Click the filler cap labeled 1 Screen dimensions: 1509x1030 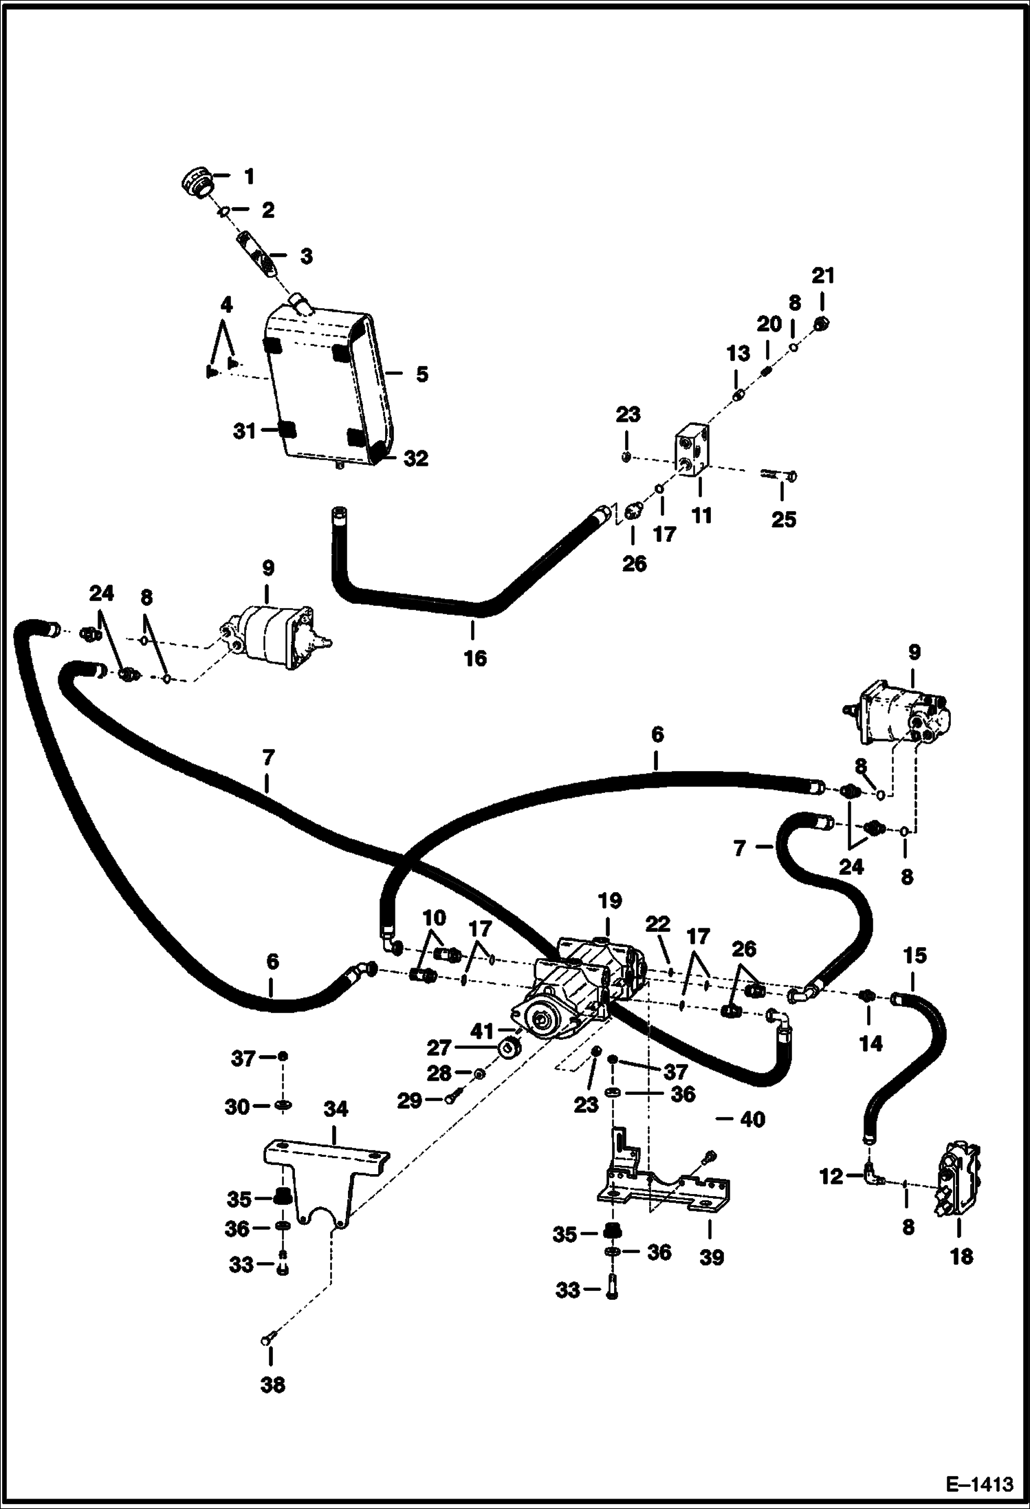click(x=196, y=182)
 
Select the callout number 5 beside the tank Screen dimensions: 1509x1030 click(x=421, y=375)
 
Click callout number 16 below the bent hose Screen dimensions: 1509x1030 click(x=474, y=658)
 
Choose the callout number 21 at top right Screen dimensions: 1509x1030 click(x=823, y=276)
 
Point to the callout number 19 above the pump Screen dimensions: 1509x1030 click(x=610, y=901)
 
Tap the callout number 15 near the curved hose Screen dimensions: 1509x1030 click(x=915, y=955)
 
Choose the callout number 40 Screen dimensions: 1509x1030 click(x=752, y=1120)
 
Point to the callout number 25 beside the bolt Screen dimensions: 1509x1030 click(x=783, y=519)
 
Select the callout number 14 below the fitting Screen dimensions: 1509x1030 click(x=870, y=1044)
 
